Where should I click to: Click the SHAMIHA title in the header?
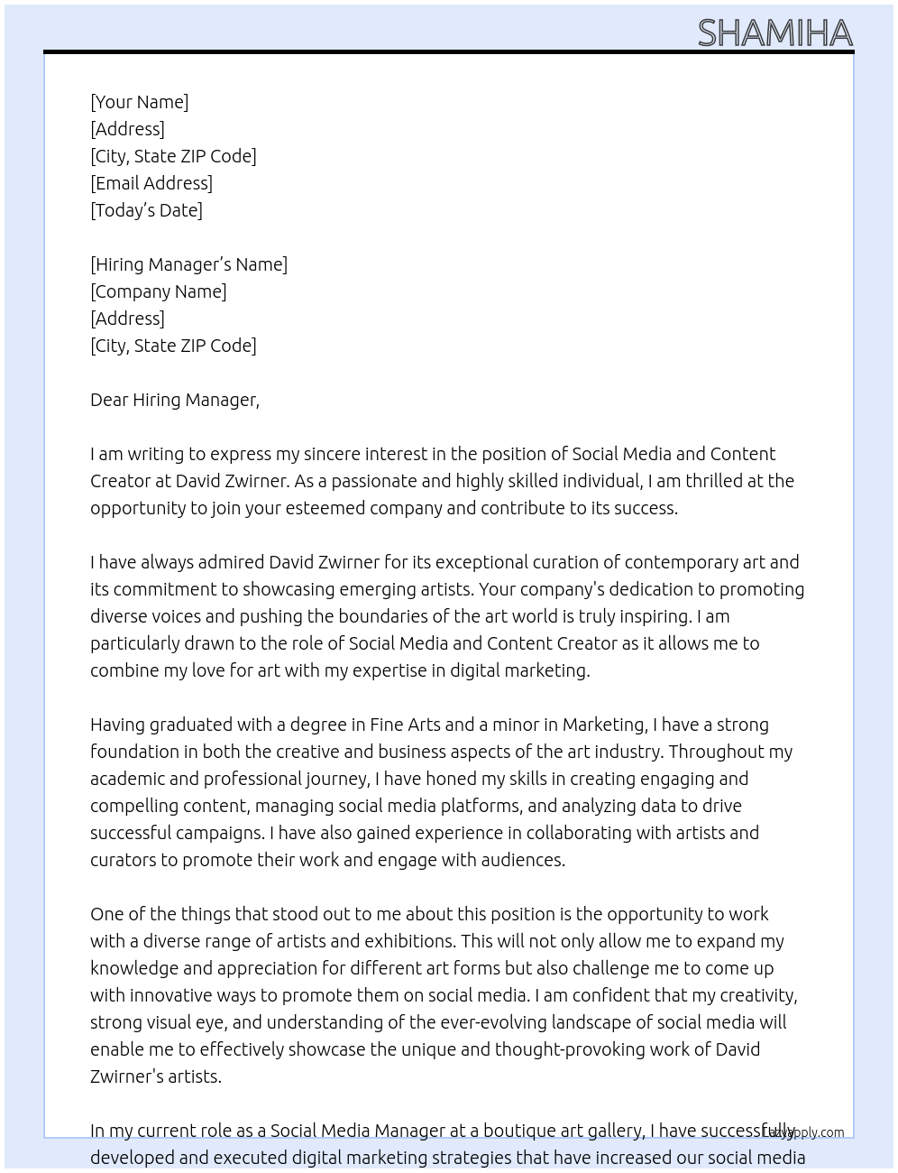[x=774, y=33]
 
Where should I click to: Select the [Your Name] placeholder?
[x=139, y=102]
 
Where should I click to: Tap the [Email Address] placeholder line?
[x=151, y=183]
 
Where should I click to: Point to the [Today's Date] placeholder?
[x=146, y=210]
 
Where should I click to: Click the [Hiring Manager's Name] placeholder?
[x=188, y=264]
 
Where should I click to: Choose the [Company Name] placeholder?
[x=158, y=291]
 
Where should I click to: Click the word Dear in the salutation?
[x=109, y=400]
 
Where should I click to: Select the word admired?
[x=230, y=562]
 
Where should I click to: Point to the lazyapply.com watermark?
[x=803, y=1131]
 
